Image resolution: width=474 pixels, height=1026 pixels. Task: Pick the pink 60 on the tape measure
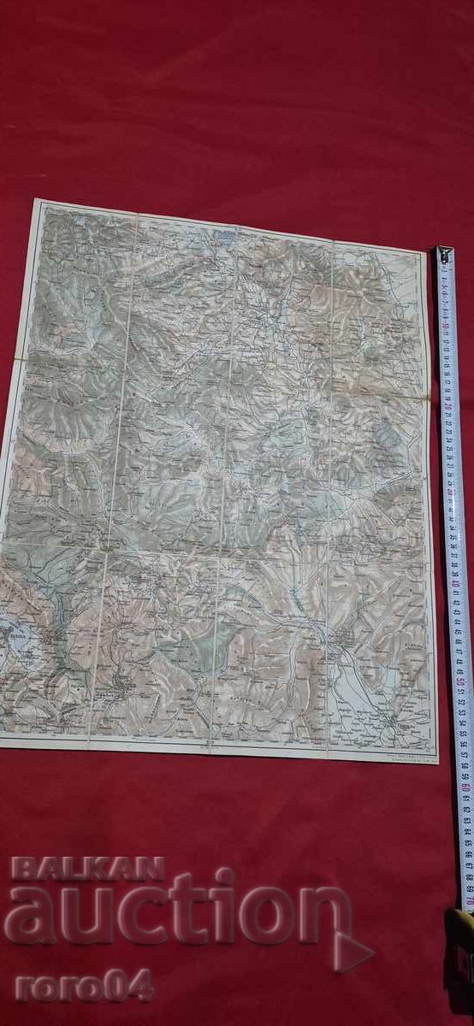(x=465, y=786)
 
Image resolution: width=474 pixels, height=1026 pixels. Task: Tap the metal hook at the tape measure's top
(x=443, y=254)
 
